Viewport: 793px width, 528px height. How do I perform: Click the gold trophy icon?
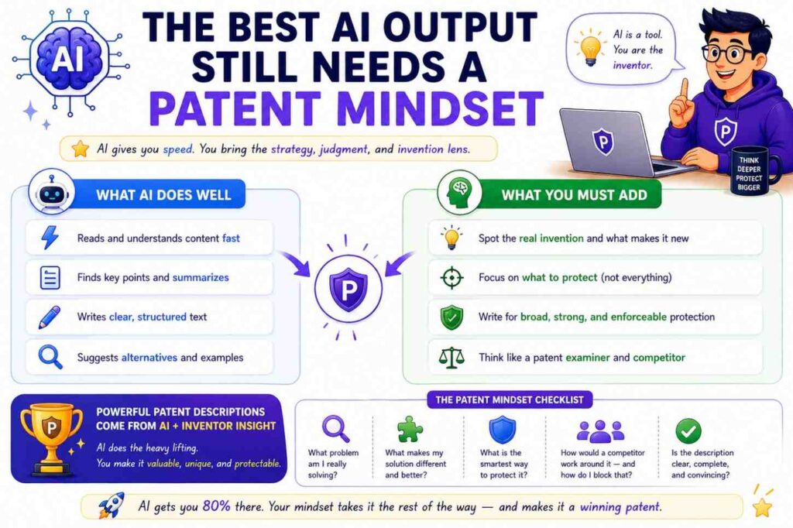(52, 435)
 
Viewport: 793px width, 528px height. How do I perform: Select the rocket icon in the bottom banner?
(112, 505)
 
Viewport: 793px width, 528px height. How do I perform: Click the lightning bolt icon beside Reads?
(50, 238)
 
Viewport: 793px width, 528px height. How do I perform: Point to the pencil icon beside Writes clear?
(50, 317)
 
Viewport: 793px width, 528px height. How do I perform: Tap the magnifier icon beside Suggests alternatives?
(50, 357)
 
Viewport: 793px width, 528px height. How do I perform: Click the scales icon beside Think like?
(451, 357)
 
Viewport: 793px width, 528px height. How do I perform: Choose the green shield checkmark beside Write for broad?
(451, 317)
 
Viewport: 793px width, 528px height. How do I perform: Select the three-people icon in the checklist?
(600, 430)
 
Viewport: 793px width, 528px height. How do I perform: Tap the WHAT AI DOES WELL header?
(163, 195)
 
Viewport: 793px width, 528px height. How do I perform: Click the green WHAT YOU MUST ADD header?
(573, 195)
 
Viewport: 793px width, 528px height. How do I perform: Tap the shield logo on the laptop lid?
(602, 141)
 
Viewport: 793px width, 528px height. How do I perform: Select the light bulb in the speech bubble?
(590, 47)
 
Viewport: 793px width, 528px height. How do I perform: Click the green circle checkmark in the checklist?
(688, 430)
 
